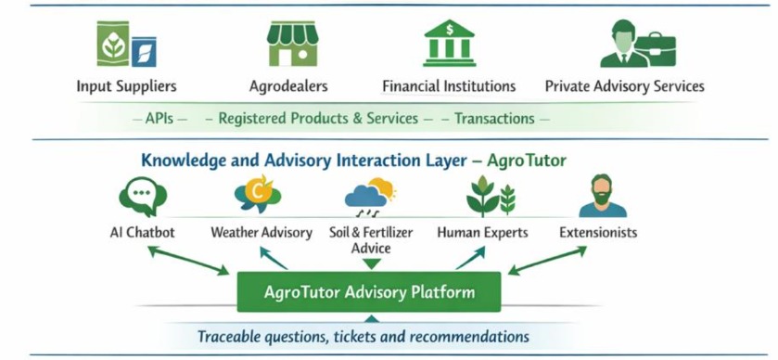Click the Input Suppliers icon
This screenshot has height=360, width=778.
126,44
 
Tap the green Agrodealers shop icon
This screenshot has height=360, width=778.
292,44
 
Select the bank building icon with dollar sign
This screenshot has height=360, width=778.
449,43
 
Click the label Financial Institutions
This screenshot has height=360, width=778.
449,86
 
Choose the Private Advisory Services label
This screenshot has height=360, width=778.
624,86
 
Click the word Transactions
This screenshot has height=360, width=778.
494,119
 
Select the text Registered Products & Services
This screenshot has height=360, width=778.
318,119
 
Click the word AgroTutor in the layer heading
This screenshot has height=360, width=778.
526,161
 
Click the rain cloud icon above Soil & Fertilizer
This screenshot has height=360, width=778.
370,197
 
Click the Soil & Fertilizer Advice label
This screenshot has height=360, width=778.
371,240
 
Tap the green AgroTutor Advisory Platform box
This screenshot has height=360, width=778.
369,292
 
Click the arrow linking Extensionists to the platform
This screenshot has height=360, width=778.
552,259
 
